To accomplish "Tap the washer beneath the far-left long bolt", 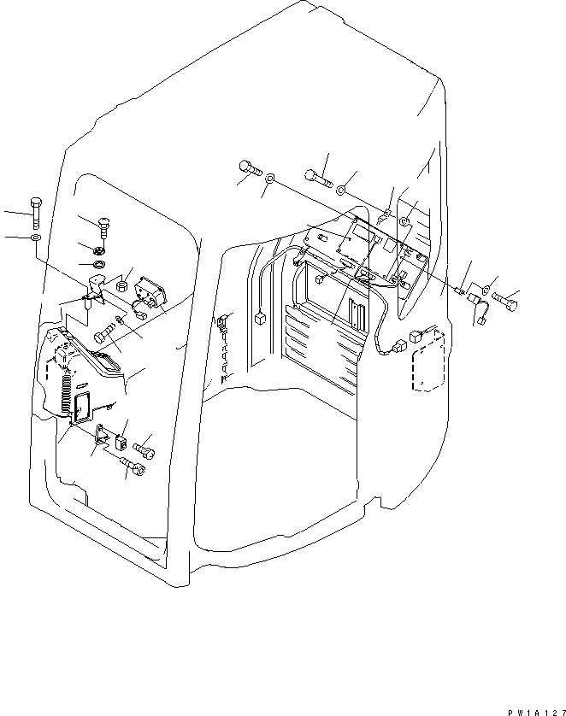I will pos(34,237).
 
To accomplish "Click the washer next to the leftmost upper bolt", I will pos(269,179).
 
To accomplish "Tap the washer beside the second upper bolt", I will pos(341,188).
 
